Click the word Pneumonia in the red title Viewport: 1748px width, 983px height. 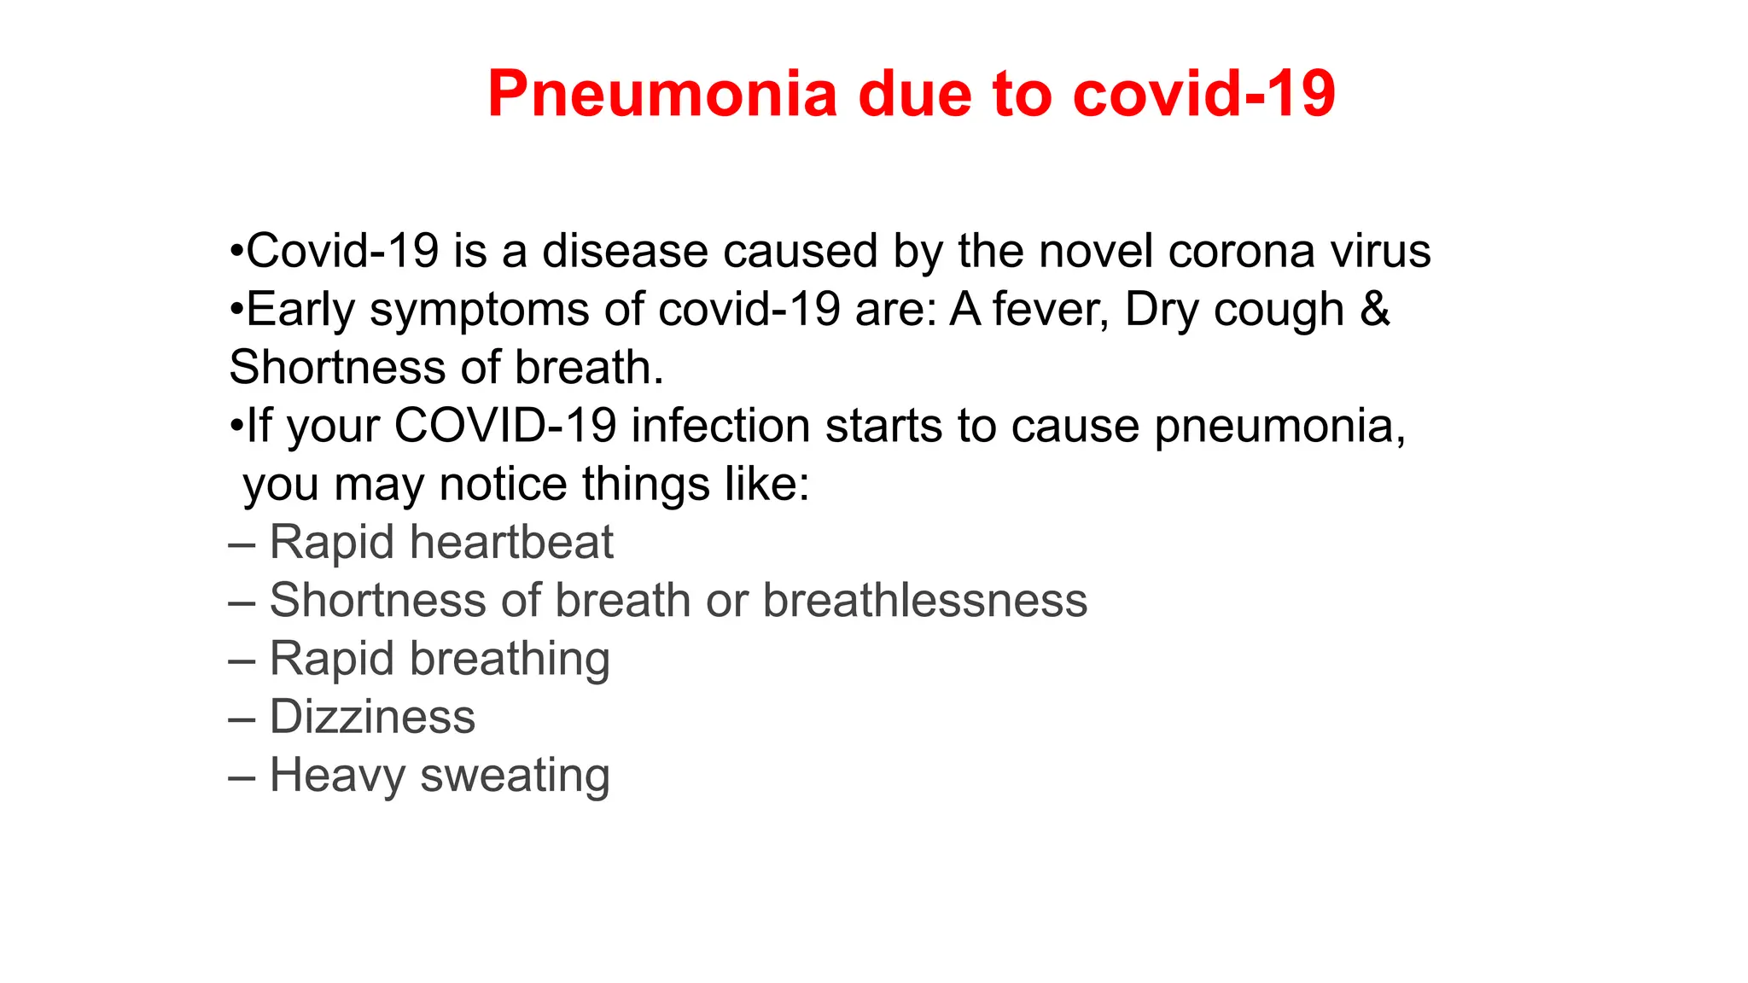tap(662, 94)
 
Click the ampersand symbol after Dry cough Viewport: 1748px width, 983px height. tap(1374, 309)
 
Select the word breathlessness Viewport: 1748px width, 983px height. tap(925, 600)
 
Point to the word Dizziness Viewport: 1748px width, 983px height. tap(372, 717)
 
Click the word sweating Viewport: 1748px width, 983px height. tap(516, 777)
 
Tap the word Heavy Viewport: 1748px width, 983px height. tap(337, 777)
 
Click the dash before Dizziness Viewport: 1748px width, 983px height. tap(242, 718)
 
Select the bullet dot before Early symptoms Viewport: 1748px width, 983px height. tap(236, 310)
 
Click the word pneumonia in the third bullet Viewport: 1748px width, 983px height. tap(1279, 427)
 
